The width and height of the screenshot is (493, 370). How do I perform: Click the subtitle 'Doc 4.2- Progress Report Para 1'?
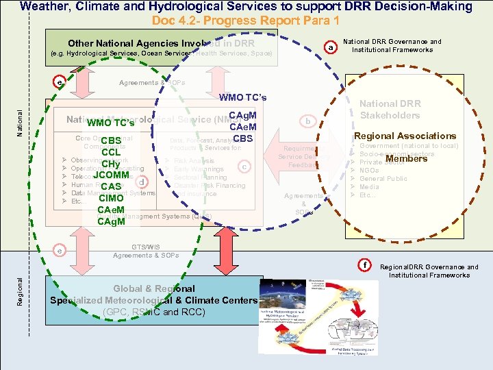245,20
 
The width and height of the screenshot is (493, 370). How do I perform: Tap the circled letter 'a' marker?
331,48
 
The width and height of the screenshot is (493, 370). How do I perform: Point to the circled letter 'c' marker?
243,166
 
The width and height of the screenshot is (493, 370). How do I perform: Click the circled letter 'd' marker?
141,182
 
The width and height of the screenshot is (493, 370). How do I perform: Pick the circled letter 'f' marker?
365,264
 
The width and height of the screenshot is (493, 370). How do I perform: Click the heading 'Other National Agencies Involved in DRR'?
161,43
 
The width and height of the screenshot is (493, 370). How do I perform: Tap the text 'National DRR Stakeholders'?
390,109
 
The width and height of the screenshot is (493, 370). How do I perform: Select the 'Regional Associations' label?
405,136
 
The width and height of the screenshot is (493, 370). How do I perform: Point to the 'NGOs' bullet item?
370,170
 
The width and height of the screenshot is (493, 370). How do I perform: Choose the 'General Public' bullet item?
383,178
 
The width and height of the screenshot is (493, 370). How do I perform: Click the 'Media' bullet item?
369,186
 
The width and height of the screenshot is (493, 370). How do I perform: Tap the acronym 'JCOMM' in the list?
111,175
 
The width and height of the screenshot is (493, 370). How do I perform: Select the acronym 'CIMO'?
111,198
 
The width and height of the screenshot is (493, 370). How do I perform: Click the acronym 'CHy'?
111,164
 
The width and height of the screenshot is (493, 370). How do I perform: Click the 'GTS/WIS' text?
146,246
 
